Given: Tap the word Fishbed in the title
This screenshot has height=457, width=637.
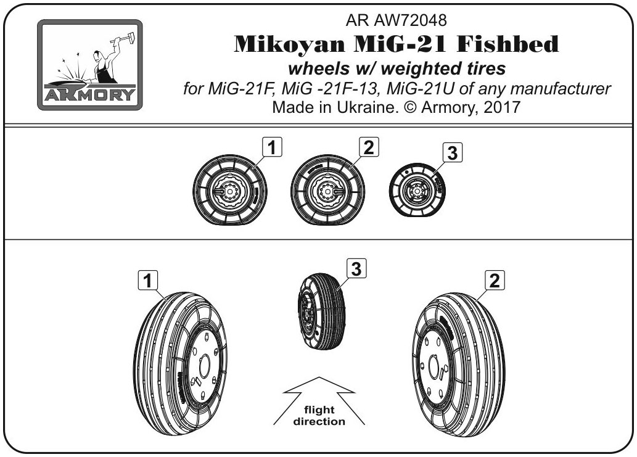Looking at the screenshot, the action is point(508,44).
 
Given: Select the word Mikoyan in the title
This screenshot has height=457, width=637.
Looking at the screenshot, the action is point(289,44).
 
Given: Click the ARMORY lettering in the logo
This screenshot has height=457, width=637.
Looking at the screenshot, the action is point(90,94).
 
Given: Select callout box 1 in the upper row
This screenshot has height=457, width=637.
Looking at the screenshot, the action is point(272,147).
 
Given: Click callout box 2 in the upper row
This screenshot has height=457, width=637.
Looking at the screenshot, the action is point(369,147).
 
